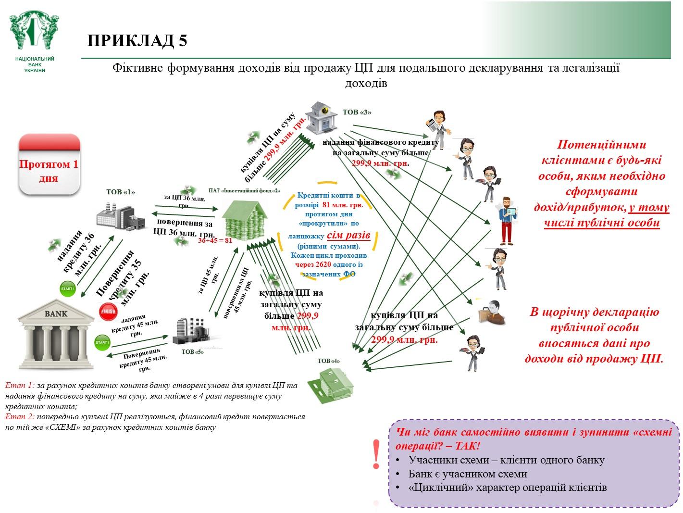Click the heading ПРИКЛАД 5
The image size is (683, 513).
137,41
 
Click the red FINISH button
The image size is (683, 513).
108,312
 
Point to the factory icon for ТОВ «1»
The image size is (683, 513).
120,215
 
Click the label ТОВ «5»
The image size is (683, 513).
193,351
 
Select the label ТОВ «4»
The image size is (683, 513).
329,361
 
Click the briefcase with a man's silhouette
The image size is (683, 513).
491,312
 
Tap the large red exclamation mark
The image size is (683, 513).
376,455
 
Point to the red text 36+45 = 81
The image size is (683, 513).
215,240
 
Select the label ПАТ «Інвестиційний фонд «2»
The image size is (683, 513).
244,190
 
